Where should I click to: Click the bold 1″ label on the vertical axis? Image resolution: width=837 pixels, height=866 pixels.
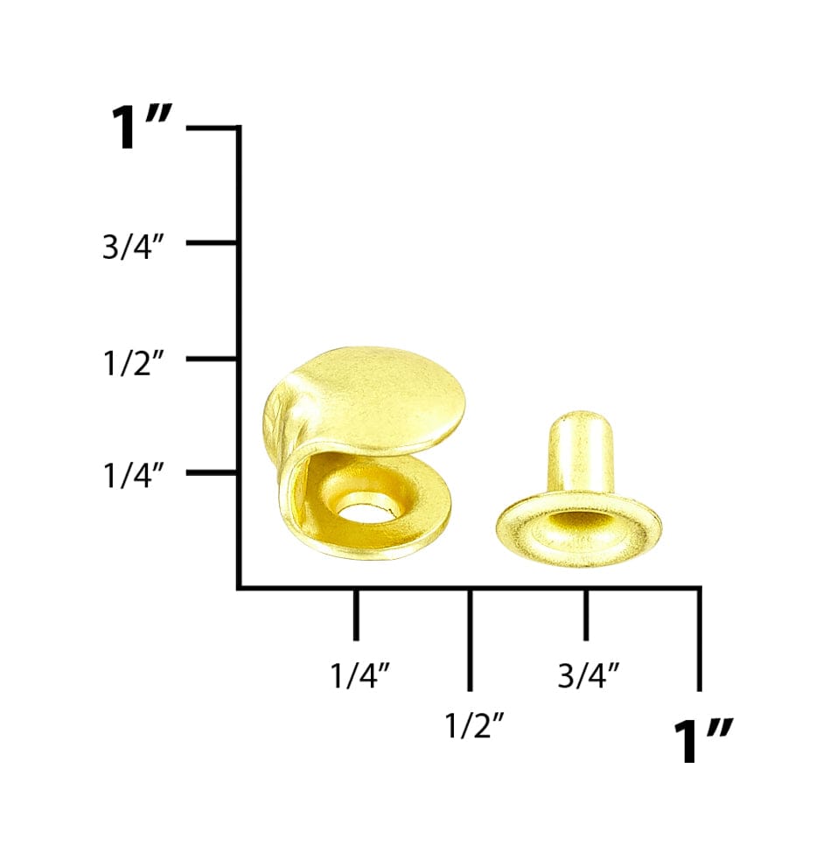142,127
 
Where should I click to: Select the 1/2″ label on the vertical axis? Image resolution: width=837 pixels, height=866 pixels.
134,363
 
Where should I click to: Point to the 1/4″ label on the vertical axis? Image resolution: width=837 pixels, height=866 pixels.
134,476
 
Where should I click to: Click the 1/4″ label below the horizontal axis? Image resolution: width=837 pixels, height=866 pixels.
360,675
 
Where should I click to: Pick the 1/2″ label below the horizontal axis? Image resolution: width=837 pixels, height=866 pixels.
474,725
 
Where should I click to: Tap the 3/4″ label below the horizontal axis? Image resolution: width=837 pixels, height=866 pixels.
589,675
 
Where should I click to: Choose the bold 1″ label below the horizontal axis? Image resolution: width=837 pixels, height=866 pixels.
703,741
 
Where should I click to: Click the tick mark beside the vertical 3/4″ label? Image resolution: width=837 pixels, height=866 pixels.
212,242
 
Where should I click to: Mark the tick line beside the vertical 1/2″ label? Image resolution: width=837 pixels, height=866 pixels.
212,359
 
